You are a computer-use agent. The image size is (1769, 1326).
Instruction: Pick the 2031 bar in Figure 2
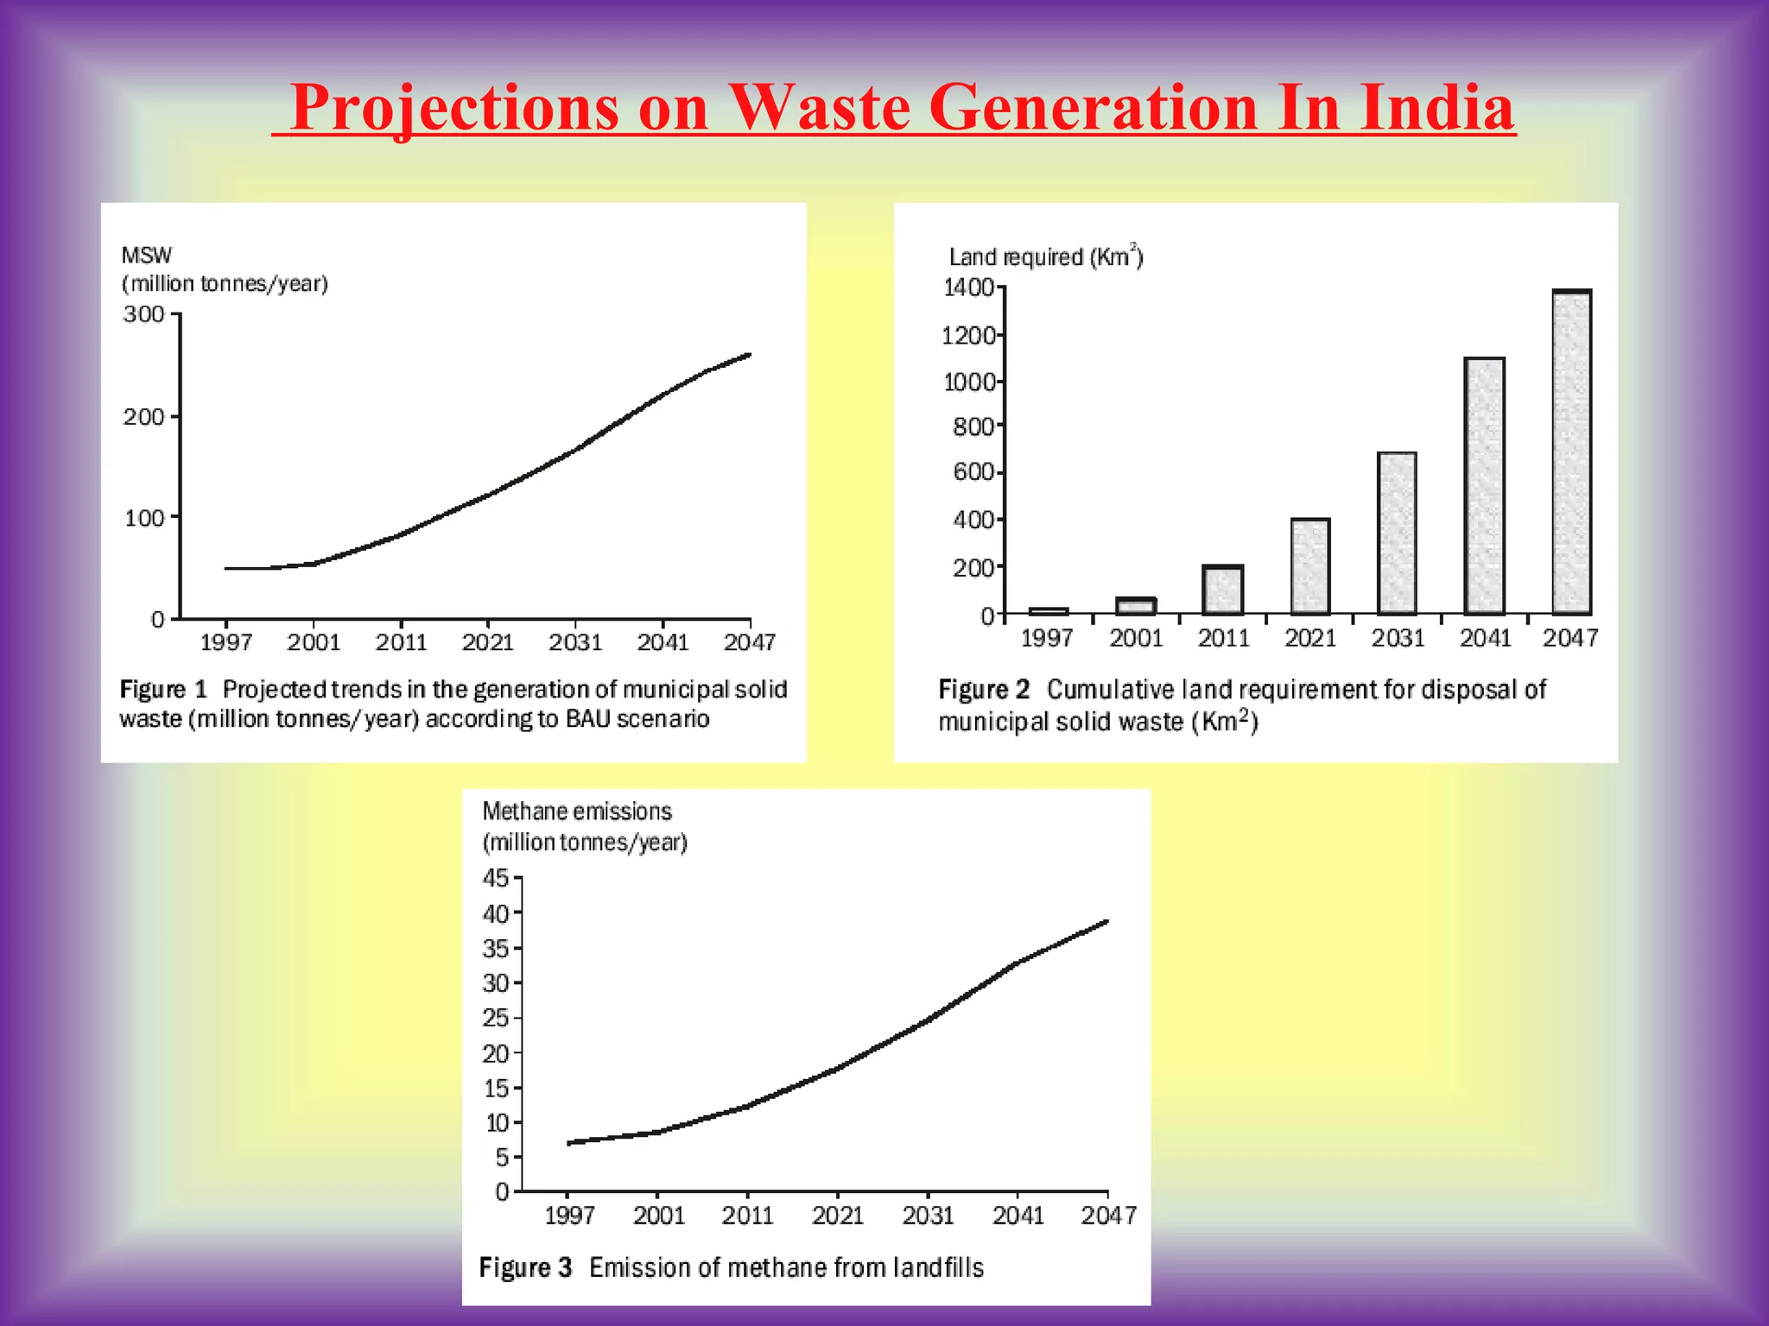tap(1397, 533)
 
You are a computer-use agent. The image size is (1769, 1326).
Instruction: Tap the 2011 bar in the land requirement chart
tap(1223, 590)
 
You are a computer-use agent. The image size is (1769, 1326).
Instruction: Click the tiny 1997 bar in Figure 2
tap(1049, 610)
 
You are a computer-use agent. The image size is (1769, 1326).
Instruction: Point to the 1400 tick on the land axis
tap(969, 287)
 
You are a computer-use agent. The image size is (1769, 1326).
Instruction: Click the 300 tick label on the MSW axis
tap(143, 314)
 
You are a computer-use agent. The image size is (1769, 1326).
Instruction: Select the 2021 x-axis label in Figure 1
tap(488, 642)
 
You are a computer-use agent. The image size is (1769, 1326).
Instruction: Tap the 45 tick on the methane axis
tap(496, 878)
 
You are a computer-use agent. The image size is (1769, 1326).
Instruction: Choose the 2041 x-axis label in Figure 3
tap(1018, 1215)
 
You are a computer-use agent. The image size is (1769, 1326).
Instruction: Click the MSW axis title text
tap(147, 256)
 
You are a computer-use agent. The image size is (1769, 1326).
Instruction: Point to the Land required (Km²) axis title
tap(1045, 257)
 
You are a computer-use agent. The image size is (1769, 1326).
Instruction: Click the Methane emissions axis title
tap(576, 811)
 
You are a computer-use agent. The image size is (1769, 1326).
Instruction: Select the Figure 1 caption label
tap(163, 690)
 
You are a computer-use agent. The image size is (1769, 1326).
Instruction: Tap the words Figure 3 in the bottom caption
tap(525, 1267)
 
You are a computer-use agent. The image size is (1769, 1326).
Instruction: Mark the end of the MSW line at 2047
tap(748, 355)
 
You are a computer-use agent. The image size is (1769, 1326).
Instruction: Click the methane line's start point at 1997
tap(570, 1143)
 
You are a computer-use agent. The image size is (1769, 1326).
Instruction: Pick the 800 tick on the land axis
tap(973, 426)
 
